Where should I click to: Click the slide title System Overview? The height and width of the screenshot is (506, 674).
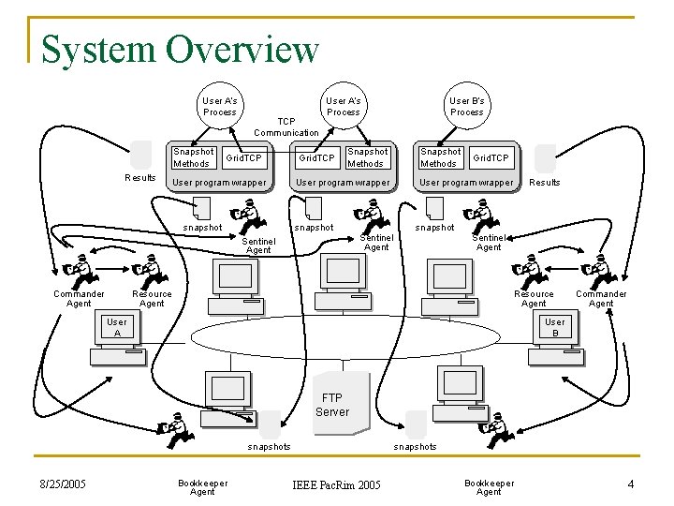point(181,49)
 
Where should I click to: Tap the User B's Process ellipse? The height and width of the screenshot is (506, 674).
point(466,106)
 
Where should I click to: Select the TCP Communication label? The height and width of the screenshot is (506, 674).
point(286,127)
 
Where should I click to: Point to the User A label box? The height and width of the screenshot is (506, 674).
point(117,327)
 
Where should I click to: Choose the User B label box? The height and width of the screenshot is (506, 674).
point(555,327)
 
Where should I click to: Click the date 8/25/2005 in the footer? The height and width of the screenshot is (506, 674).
point(63,484)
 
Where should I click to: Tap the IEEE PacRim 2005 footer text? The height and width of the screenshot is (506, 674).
point(337,484)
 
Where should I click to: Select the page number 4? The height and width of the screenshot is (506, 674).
point(631,484)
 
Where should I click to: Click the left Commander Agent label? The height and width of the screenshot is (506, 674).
point(80,299)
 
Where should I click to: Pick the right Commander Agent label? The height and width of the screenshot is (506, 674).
point(601,299)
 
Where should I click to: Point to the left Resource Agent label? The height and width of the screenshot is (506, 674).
point(152,299)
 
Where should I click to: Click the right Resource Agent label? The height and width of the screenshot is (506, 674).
point(534,299)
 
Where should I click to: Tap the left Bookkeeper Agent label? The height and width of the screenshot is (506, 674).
point(202,487)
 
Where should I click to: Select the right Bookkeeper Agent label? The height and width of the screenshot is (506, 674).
point(489,487)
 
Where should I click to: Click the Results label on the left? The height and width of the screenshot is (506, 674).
point(140,177)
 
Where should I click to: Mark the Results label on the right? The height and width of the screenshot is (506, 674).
point(545,183)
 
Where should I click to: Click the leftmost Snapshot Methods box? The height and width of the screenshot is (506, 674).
point(193,157)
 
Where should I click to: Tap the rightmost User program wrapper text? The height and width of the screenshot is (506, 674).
point(466,183)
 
